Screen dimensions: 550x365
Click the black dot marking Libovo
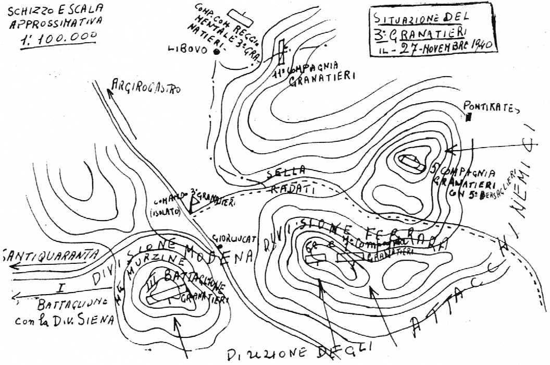click(215, 51)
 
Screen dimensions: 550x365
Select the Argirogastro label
click(147, 87)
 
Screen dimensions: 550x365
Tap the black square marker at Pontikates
click(469, 118)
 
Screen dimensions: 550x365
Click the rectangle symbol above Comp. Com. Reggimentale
click(241, 17)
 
